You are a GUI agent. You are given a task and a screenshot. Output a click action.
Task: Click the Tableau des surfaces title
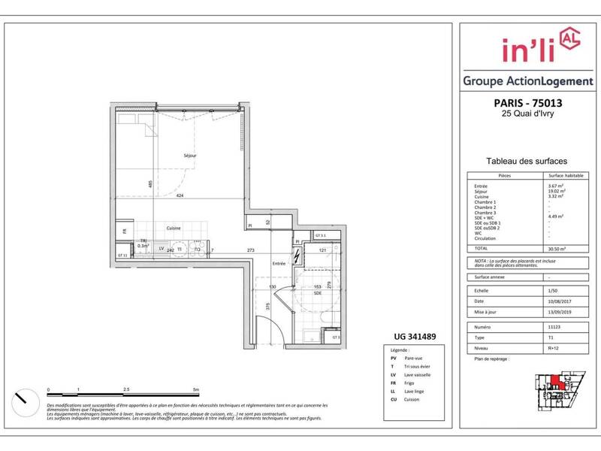click(526, 161)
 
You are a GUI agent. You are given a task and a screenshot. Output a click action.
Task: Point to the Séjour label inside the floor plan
click(190, 156)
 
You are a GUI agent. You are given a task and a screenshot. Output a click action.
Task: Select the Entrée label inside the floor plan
click(279, 264)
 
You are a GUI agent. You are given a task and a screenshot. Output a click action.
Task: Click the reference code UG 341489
click(416, 337)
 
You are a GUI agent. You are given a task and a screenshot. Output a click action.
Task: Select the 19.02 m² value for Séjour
click(557, 191)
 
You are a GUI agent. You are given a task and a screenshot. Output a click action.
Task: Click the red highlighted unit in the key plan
click(554, 380)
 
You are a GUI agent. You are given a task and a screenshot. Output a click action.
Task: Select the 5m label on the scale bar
click(196, 389)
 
